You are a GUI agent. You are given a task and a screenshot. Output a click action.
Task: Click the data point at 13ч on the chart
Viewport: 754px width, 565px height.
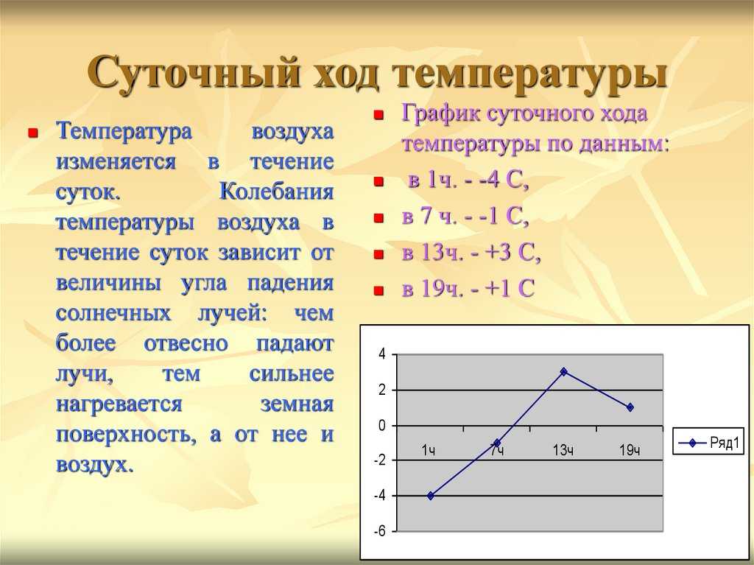[563, 371]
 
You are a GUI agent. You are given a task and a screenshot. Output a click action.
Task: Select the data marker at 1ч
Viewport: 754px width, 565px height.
[430, 496]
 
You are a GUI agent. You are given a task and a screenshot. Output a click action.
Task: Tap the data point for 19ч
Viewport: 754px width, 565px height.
[630, 407]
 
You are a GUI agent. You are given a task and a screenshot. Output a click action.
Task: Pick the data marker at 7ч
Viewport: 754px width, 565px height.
[497, 443]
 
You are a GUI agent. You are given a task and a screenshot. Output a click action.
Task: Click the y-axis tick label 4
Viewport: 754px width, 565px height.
[382, 354]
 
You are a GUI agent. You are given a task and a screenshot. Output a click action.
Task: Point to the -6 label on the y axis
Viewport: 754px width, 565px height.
[381, 531]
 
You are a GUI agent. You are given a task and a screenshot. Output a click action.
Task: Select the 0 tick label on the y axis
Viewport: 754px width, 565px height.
[382, 426]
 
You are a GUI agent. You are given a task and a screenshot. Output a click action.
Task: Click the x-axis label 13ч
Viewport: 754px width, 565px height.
[563, 451]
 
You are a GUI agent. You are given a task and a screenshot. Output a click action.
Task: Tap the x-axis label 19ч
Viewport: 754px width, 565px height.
[630, 451]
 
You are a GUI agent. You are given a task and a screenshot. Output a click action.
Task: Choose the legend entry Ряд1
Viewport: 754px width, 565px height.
[708, 442]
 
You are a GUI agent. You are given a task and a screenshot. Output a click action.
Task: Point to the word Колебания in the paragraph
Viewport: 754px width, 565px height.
[277, 192]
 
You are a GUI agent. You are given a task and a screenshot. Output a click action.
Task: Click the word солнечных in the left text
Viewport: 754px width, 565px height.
[113, 313]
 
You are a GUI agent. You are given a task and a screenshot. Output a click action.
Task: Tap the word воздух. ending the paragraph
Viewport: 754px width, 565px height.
[94, 465]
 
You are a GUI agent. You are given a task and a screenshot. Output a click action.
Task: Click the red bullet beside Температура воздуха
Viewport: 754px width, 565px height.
[33, 133]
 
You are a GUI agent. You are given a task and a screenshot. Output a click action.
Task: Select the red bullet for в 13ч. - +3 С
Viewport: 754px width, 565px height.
[379, 254]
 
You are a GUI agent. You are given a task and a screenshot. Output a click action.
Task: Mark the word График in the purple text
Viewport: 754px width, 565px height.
[441, 113]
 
